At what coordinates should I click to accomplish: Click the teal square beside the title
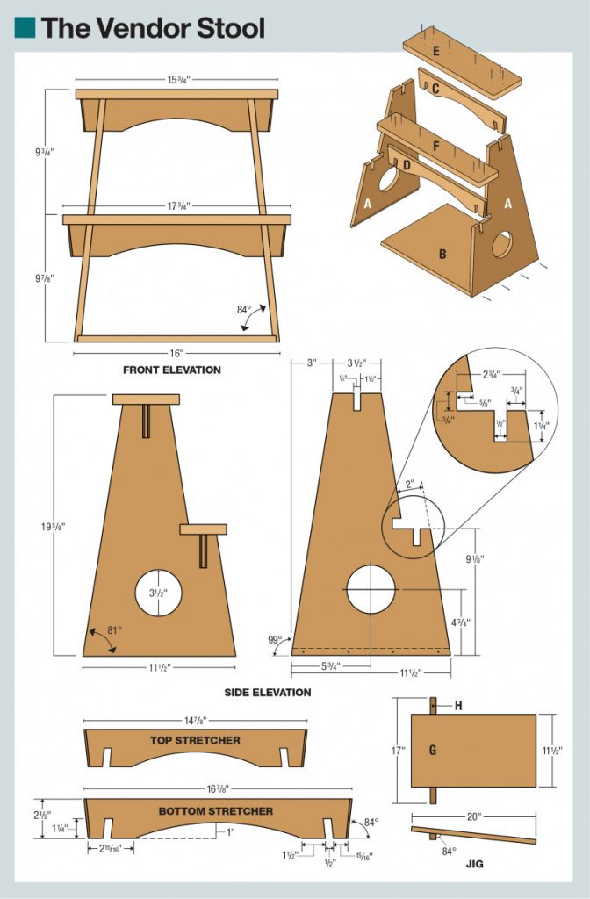[25, 27]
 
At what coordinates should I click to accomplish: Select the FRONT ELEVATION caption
[172, 370]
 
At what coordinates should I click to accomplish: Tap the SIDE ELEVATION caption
[268, 692]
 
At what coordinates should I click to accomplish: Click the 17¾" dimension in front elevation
[176, 205]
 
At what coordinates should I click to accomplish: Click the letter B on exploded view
[442, 255]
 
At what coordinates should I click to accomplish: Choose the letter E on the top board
[435, 51]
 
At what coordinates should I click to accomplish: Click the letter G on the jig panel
[432, 750]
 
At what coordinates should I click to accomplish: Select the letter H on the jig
[458, 706]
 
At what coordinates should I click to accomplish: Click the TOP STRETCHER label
[195, 740]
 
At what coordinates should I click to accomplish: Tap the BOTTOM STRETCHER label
[216, 810]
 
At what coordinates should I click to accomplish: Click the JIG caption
[475, 864]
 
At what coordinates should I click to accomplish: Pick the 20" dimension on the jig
[474, 816]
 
